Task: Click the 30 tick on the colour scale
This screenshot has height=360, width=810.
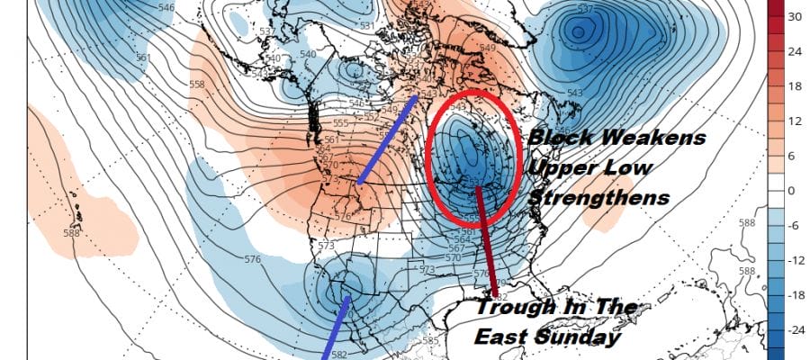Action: click(x=796, y=16)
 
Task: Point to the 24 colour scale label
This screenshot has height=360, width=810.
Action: click(x=796, y=51)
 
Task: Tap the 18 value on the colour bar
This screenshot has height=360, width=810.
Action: click(x=796, y=86)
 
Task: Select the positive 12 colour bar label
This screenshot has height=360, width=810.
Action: click(x=796, y=121)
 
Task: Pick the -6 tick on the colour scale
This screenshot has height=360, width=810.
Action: click(x=796, y=226)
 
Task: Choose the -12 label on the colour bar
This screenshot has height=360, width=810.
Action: click(x=795, y=260)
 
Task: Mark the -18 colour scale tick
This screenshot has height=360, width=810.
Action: click(x=795, y=294)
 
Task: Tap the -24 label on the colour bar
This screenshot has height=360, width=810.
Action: click(x=795, y=329)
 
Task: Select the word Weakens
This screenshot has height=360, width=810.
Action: click(x=655, y=139)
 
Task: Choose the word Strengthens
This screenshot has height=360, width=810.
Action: click(x=598, y=197)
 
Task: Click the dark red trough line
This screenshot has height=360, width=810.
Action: click(x=487, y=243)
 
